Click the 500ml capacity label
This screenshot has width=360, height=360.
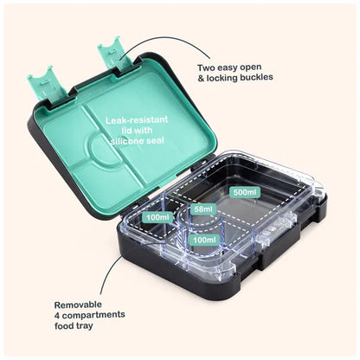click(x=245, y=192)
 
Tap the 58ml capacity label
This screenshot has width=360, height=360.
click(x=203, y=209)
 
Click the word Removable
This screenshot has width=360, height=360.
click(x=78, y=305)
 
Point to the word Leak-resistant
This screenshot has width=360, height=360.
click(x=137, y=119)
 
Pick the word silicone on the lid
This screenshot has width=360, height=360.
click(x=127, y=141)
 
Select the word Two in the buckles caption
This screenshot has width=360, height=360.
click(x=206, y=68)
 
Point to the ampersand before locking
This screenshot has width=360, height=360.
click(x=201, y=79)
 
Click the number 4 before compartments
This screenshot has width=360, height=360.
click(x=57, y=316)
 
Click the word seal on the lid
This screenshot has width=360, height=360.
click(x=155, y=140)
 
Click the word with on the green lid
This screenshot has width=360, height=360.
click(x=142, y=131)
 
